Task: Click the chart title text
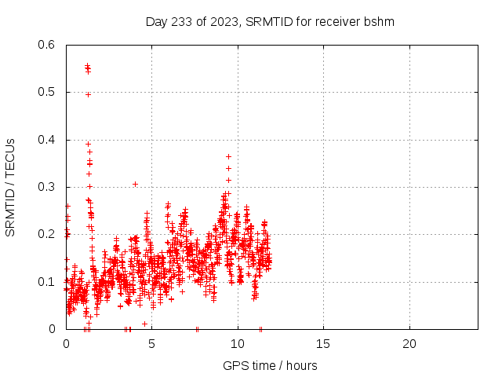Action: (270, 21)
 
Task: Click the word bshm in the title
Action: (379, 21)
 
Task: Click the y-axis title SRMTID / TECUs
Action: (11, 187)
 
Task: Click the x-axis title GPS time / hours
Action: (270, 365)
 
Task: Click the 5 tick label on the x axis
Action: (151, 344)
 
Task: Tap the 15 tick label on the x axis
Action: (323, 344)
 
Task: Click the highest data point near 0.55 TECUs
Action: (87, 66)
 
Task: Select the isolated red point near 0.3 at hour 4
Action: (135, 184)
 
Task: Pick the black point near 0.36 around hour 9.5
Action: (228, 156)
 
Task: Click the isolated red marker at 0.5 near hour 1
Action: (88, 94)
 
